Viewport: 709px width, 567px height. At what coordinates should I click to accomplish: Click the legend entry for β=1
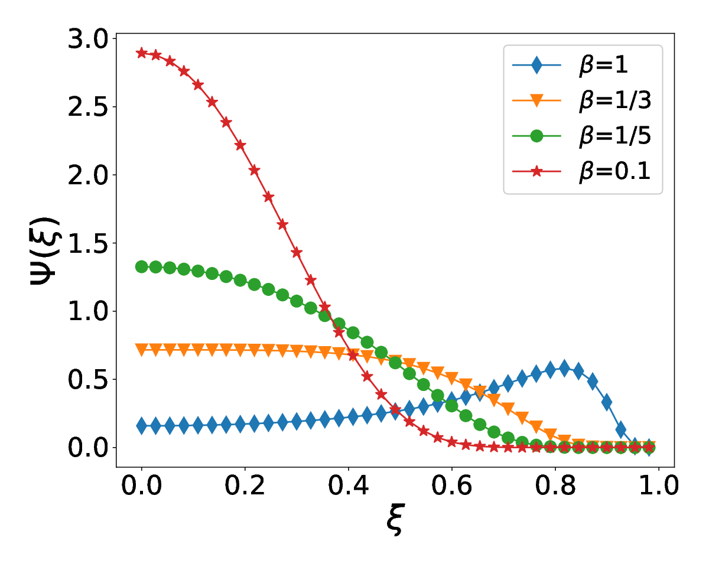(x=570, y=65)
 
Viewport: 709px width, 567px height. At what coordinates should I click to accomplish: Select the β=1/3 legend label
(x=582, y=100)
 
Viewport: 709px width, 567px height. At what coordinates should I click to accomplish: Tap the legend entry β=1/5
(x=582, y=136)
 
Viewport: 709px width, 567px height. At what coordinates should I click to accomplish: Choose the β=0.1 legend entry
(x=582, y=171)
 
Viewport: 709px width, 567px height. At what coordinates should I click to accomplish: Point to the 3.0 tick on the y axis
(x=88, y=39)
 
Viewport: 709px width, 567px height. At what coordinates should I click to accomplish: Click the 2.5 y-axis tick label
(x=88, y=107)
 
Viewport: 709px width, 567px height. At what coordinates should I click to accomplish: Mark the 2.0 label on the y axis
(x=88, y=175)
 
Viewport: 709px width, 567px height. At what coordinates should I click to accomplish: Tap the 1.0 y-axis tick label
(x=88, y=311)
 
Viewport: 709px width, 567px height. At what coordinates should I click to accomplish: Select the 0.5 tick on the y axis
(x=88, y=380)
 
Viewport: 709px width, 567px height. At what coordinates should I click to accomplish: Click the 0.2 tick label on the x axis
(x=245, y=485)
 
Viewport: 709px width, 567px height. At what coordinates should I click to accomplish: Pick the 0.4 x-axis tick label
(x=348, y=485)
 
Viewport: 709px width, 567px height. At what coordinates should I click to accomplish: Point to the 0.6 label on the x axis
(x=451, y=485)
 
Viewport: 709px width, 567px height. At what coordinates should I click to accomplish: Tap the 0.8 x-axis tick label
(x=555, y=485)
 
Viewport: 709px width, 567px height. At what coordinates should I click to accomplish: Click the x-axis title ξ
(x=395, y=520)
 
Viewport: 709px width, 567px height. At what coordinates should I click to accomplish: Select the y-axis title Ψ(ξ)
(x=45, y=250)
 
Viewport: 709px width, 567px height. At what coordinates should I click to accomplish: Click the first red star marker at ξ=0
(x=142, y=53)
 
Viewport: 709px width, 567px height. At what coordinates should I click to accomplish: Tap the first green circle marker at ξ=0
(x=142, y=267)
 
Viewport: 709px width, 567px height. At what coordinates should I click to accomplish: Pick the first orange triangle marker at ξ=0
(x=142, y=350)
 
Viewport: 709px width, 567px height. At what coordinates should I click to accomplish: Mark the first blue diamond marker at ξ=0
(x=142, y=426)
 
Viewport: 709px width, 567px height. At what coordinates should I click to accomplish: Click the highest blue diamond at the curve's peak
(x=564, y=369)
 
